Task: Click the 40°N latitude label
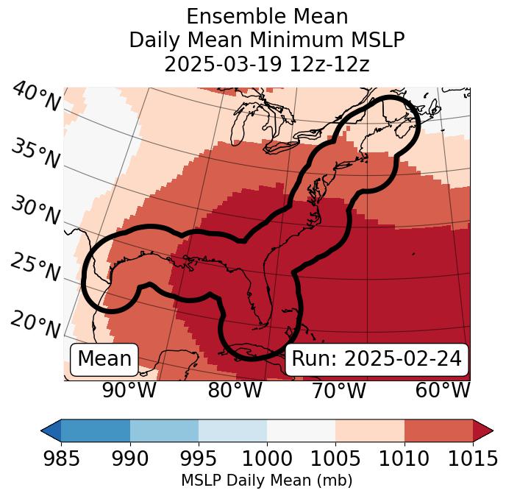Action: [35, 97]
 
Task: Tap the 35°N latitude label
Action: [35, 154]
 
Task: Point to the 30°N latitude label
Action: [35, 212]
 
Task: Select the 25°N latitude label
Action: [35, 268]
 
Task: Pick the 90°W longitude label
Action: [129, 391]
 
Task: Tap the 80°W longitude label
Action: [235, 391]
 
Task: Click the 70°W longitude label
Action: [339, 391]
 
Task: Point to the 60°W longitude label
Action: [443, 391]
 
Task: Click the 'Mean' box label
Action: [104, 359]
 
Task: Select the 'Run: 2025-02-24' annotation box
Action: [377, 359]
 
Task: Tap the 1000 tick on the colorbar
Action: [266, 459]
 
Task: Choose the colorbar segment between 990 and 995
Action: [164, 430]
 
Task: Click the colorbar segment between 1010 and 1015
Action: [438, 430]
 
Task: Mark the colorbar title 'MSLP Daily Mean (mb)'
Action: [266, 481]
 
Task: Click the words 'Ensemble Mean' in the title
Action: [266, 16]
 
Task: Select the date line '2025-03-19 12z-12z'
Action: [266, 64]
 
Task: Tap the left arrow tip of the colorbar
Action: [44, 430]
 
